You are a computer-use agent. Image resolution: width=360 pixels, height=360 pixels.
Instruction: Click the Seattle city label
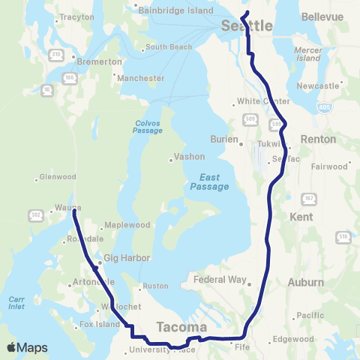(x=247, y=26)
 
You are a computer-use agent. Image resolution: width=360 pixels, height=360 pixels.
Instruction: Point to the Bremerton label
(x=100, y=61)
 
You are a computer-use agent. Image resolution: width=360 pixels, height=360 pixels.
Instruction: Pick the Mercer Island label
(x=308, y=53)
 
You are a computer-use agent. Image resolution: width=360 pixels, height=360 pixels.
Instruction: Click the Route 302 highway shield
(x=35, y=214)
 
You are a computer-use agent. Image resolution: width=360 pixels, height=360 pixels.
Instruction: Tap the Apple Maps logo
(x=27, y=347)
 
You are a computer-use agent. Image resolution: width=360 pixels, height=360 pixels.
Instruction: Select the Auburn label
(x=306, y=283)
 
